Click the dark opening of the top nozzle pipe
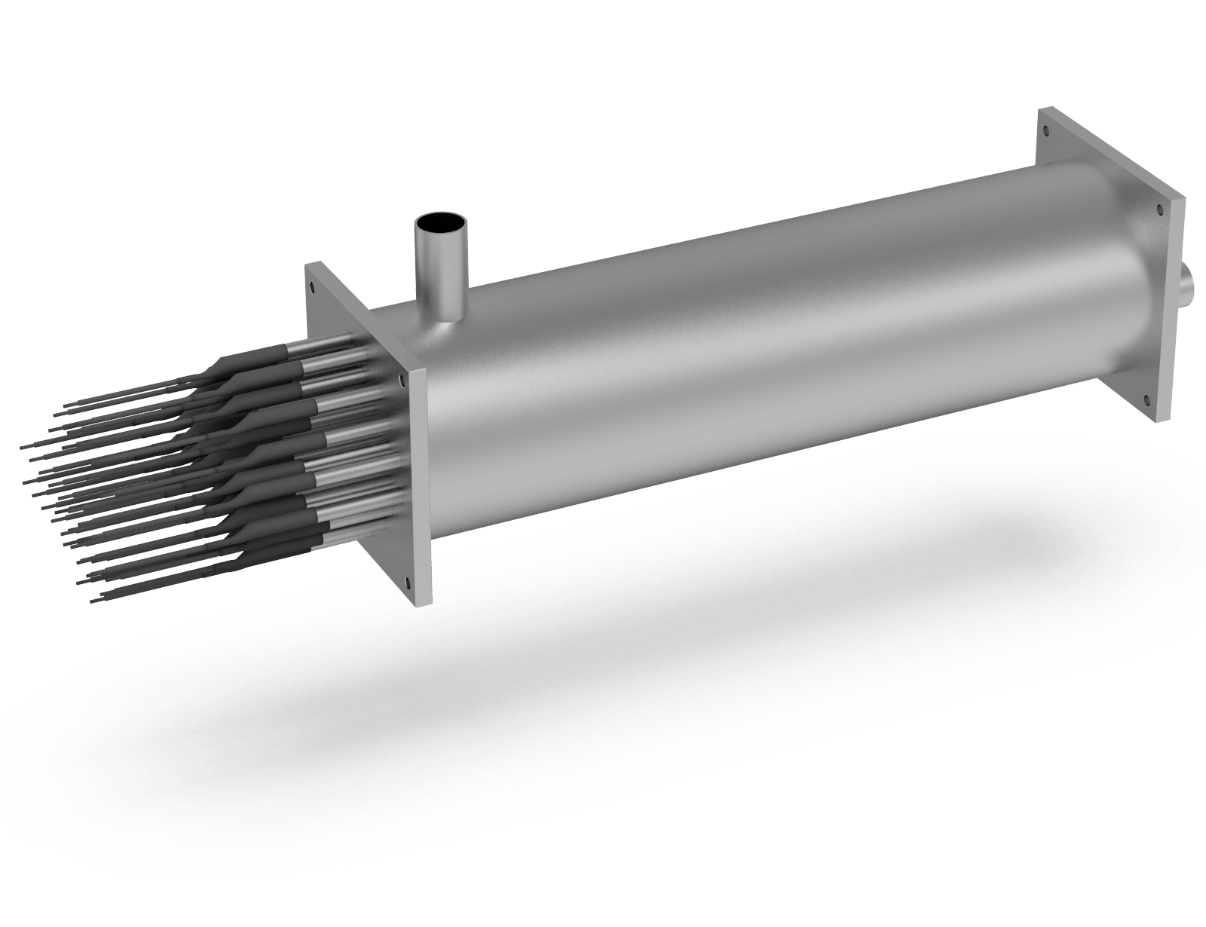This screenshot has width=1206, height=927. pyautogui.click(x=441, y=223)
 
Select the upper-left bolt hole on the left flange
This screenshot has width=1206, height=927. pyautogui.click(x=311, y=284)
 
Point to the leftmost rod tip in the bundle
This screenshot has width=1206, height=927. pyautogui.click(x=23, y=445)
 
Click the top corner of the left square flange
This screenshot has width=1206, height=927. pyautogui.click(x=305, y=265)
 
